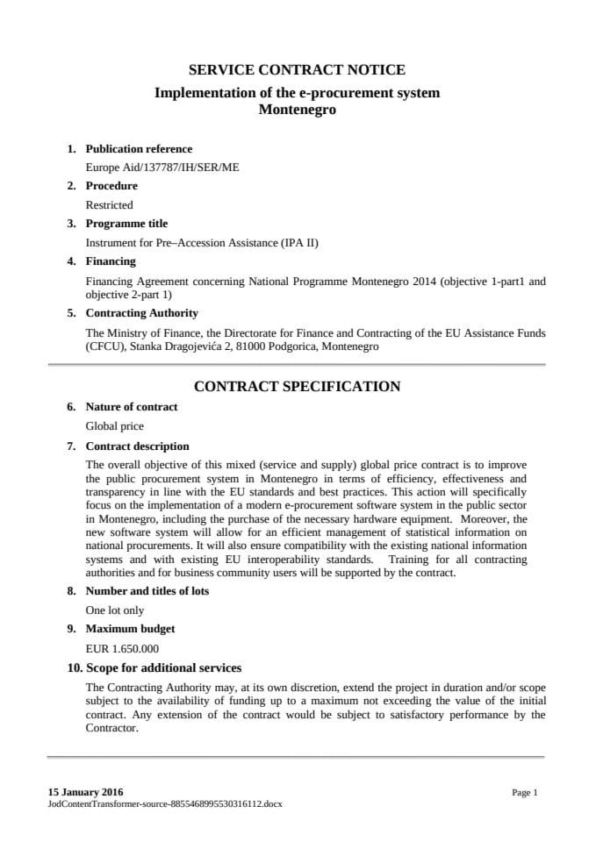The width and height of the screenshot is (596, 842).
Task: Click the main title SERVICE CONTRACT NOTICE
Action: [x=297, y=70]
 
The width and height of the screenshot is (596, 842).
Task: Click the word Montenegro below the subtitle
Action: [x=297, y=111]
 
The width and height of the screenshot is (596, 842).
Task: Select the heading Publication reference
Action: [x=139, y=149]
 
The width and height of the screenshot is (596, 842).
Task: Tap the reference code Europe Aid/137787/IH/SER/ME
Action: [x=162, y=168]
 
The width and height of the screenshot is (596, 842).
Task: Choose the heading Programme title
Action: [x=126, y=224]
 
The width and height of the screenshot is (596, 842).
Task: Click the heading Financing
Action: [x=111, y=261]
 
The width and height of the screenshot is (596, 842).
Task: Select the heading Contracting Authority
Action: [x=141, y=313]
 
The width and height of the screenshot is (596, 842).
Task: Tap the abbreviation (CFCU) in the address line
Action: [x=104, y=346]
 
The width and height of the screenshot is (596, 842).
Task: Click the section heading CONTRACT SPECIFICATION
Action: [x=297, y=387]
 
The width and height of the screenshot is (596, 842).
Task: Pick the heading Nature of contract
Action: [x=131, y=407]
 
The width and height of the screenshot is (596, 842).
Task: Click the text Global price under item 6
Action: [x=114, y=426]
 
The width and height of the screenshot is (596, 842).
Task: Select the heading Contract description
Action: [x=137, y=446]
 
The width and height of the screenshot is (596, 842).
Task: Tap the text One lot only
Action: [x=115, y=610]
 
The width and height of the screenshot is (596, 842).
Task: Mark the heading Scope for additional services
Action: [x=163, y=668]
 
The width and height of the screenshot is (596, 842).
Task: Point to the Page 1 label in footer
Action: [x=524, y=792]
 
